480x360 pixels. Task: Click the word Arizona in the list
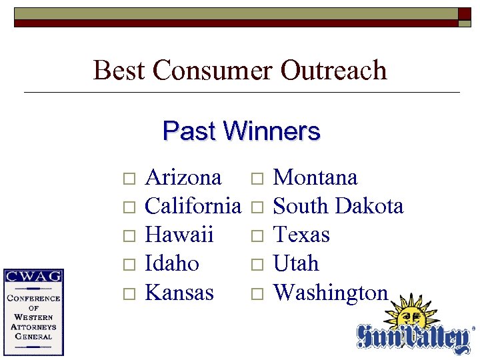(x=183, y=177)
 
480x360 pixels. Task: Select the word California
(x=192, y=206)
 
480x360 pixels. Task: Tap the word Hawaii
(x=179, y=235)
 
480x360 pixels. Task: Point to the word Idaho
(x=171, y=263)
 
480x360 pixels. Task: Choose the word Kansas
(x=179, y=292)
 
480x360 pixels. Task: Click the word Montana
(x=315, y=177)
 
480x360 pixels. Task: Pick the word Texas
(x=301, y=235)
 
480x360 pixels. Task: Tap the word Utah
(x=296, y=263)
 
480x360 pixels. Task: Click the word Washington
(x=331, y=292)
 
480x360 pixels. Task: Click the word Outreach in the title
(x=334, y=70)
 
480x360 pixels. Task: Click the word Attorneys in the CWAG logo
(x=33, y=327)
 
